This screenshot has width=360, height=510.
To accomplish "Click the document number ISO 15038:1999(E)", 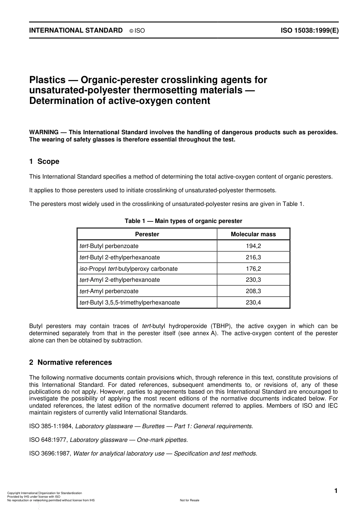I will [310, 31].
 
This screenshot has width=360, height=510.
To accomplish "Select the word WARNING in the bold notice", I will [44, 132].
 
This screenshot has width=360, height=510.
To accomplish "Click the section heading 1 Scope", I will [44, 162].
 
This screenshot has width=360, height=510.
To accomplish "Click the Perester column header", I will [147, 234].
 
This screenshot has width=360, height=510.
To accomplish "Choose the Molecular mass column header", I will [253, 234].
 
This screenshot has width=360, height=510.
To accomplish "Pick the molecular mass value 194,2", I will [253, 246].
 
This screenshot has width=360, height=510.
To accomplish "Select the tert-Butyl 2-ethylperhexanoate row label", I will [120, 257].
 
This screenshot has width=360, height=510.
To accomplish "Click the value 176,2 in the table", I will [253, 268].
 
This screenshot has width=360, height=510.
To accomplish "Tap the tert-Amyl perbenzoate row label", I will [109, 291].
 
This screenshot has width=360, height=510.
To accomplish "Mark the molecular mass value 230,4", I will [253, 303].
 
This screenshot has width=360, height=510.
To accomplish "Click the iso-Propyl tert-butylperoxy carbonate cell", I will [128, 268].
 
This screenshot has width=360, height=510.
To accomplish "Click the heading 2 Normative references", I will [70, 362].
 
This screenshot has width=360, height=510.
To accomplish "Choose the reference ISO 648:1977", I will [48, 440].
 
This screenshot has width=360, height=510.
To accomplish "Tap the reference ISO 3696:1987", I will [50, 454].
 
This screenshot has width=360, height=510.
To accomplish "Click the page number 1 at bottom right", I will [335, 491].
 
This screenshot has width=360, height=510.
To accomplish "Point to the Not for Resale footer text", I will [189, 500].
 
